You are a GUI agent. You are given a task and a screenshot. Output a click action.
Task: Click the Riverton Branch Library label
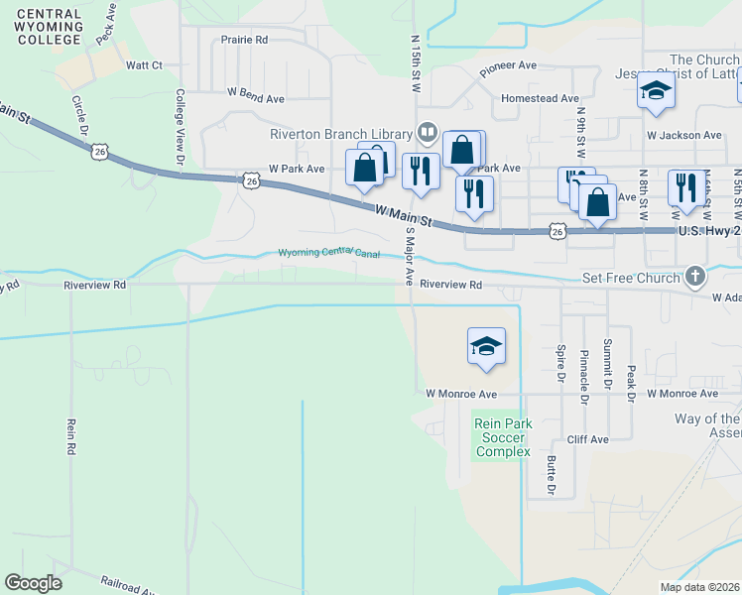pos(341,135)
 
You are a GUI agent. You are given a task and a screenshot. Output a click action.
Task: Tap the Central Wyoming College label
pos(49,27)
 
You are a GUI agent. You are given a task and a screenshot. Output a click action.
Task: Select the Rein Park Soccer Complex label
pos(503,437)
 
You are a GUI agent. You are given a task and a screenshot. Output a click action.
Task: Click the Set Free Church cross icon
pos(696,277)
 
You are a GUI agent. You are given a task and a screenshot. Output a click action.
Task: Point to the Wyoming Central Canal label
pos(329,253)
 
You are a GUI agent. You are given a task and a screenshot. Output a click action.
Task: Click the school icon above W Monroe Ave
pos(486,347)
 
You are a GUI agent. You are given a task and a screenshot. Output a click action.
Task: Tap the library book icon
pos(428,132)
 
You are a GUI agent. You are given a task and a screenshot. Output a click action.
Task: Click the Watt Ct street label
pos(144,65)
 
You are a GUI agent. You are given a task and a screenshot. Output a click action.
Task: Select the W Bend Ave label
pos(256,99)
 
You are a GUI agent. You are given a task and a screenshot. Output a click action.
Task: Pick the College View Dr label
pos(180,127)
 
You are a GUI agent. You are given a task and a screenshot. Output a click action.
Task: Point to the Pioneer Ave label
pos(508,68)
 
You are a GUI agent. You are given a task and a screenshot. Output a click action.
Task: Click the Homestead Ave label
pos(540,99)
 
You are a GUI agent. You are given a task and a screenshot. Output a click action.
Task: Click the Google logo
pos(33,583)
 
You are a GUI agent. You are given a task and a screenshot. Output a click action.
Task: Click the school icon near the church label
pos(656,91)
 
